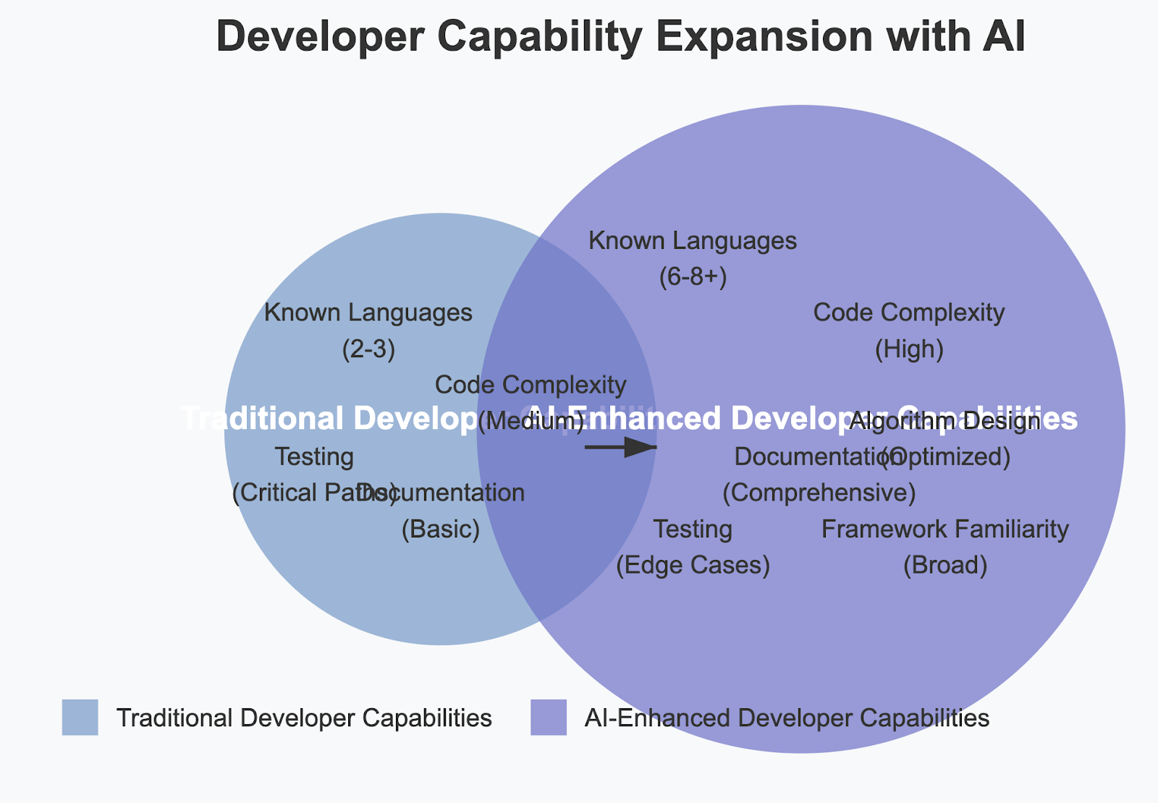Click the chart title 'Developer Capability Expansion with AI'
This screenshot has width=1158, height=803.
(x=620, y=37)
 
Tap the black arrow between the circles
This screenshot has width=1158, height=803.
(x=621, y=448)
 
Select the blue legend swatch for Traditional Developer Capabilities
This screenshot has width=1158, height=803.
(x=80, y=718)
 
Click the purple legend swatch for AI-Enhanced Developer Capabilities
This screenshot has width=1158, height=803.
(x=549, y=718)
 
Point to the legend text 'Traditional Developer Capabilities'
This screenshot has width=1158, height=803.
(x=304, y=718)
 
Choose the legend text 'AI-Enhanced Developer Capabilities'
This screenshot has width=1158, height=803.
(x=787, y=718)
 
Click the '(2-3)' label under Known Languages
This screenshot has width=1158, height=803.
(x=368, y=349)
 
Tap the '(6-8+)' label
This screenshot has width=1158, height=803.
(x=693, y=277)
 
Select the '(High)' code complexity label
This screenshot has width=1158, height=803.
(x=909, y=349)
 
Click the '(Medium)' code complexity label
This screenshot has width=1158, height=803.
(x=531, y=421)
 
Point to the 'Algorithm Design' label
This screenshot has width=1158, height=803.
(x=945, y=421)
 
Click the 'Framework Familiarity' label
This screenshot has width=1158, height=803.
(x=945, y=530)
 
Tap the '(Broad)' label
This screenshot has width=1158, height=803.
(x=945, y=565)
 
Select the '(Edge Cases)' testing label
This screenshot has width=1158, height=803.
(x=693, y=565)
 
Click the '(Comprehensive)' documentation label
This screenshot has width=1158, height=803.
(x=819, y=493)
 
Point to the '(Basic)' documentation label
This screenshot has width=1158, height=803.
(x=441, y=530)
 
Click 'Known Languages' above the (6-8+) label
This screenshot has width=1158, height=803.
(x=693, y=241)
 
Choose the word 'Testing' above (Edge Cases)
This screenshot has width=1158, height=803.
(x=693, y=530)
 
